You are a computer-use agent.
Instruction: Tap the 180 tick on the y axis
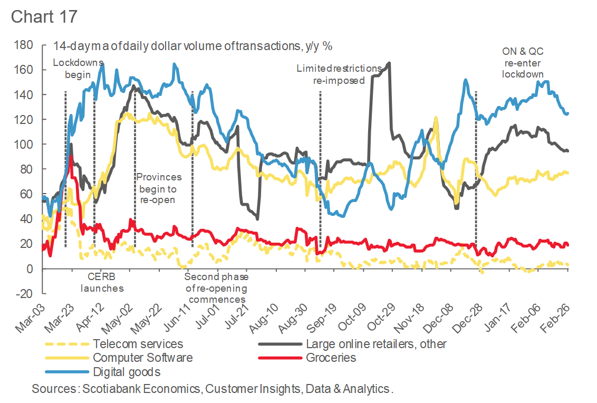coord(24,45)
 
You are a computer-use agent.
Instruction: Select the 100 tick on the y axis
coord(24,145)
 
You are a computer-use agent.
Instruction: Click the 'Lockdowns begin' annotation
coord(78,69)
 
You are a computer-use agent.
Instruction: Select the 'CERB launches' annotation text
coord(102,282)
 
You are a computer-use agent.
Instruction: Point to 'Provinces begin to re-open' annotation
coord(159,188)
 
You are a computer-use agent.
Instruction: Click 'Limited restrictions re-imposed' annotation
coord(339,74)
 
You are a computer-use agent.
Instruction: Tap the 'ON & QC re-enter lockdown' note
coord(523,63)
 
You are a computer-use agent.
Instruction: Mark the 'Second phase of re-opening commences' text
coord(216,288)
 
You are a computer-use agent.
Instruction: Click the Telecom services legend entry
coord(138,344)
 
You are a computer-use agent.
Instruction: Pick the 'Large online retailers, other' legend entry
coord(376,344)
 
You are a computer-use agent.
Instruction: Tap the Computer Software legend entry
coord(142,358)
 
